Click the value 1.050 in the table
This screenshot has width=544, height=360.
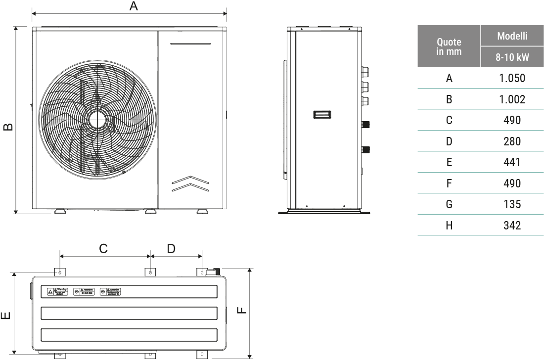[x=512, y=78]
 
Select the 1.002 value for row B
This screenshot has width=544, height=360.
[x=512, y=99]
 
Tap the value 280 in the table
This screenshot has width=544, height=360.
[x=512, y=141]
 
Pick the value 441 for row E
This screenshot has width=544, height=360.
[x=512, y=163]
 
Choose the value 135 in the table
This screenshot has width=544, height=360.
[x=512, y=204]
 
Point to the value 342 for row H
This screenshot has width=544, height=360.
[x=512, y=225]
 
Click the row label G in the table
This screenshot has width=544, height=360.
[x=449, y=204]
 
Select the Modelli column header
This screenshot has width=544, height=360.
[x=512, y=36]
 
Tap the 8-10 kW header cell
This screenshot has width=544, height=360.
[x=512, y=57]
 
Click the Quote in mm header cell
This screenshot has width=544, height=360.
[x=449, y=46]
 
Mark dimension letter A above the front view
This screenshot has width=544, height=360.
[x=133, y=6]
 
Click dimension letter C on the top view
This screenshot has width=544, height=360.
[x=103, y=248]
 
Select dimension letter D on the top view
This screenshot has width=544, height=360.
[x=171, y=248]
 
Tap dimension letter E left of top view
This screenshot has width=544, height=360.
[x=6, y=315]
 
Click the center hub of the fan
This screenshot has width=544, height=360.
[x=98, y=120]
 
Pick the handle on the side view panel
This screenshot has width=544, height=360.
[x=322, y=115]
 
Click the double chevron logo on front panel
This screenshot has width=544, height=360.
[x=190, y=184]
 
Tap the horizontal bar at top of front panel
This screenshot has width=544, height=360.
[x=190, y=44]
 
